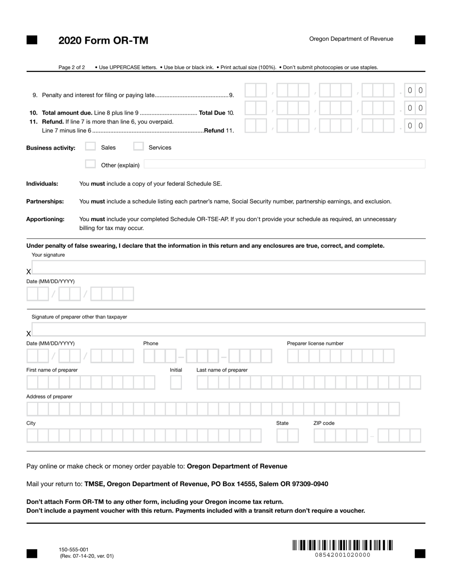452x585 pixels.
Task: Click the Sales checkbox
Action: tap(90, 147)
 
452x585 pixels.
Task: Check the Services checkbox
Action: tap(138, 147)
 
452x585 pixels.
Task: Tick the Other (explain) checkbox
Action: tap(90, 165)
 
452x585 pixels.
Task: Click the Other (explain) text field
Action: tap(284, 165)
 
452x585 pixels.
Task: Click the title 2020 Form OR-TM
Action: tap(103, 41)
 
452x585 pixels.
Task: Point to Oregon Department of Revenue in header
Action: tap(351, 39)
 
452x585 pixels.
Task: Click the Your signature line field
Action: tap(228, 268)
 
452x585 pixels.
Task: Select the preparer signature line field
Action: tap(228, 330)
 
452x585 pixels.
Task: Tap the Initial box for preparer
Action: tap(176, 382)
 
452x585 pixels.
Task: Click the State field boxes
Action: tap(287, 436)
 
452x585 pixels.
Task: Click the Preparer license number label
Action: tap(315, 343)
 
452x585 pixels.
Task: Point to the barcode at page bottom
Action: tap(343, 545)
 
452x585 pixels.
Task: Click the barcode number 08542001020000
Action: tap(343, 555)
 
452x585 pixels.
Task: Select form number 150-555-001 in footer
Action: tap(73, 549)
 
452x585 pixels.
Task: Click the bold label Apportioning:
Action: tap(45, 219)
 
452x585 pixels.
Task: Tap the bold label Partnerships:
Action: tap(45, 202)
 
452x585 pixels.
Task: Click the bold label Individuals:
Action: tap(42, 184)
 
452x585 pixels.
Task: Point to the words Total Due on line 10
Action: tap(212, 113)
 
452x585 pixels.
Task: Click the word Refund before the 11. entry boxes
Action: tap(214, 131)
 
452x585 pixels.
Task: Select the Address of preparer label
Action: tap(49, 397)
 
